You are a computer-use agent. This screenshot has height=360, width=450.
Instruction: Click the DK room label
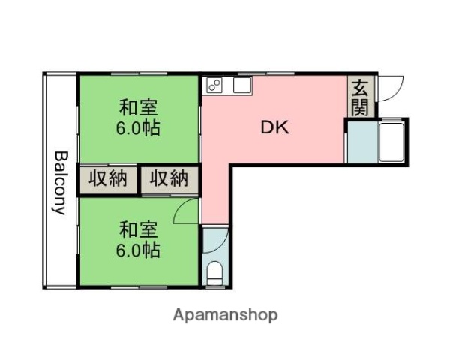click(x=274, y=127)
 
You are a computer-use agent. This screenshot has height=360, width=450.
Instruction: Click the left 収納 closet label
click(x=109, y=179)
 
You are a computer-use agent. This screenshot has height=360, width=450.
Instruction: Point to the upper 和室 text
click(x=136, y=108)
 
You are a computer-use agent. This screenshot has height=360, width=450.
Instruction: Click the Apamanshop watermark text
click(x=225, y=315)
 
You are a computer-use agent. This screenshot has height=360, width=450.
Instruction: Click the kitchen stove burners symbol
click(x=214, y=85)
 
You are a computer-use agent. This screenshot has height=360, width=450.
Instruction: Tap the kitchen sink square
click(x=241, y=85)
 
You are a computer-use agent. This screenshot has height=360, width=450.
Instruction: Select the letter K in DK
click(x=282, y=127)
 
